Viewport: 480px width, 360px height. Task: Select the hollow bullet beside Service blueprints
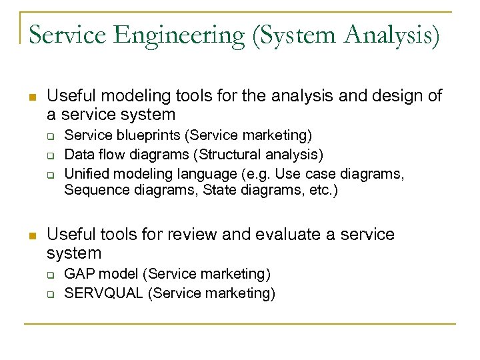pyautogui.click(x=50, y=137)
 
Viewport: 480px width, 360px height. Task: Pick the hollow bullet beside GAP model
pyautogui.click(x=50, y=274)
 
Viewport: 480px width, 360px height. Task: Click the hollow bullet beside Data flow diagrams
pyautogui.click(x=50, y=156)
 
